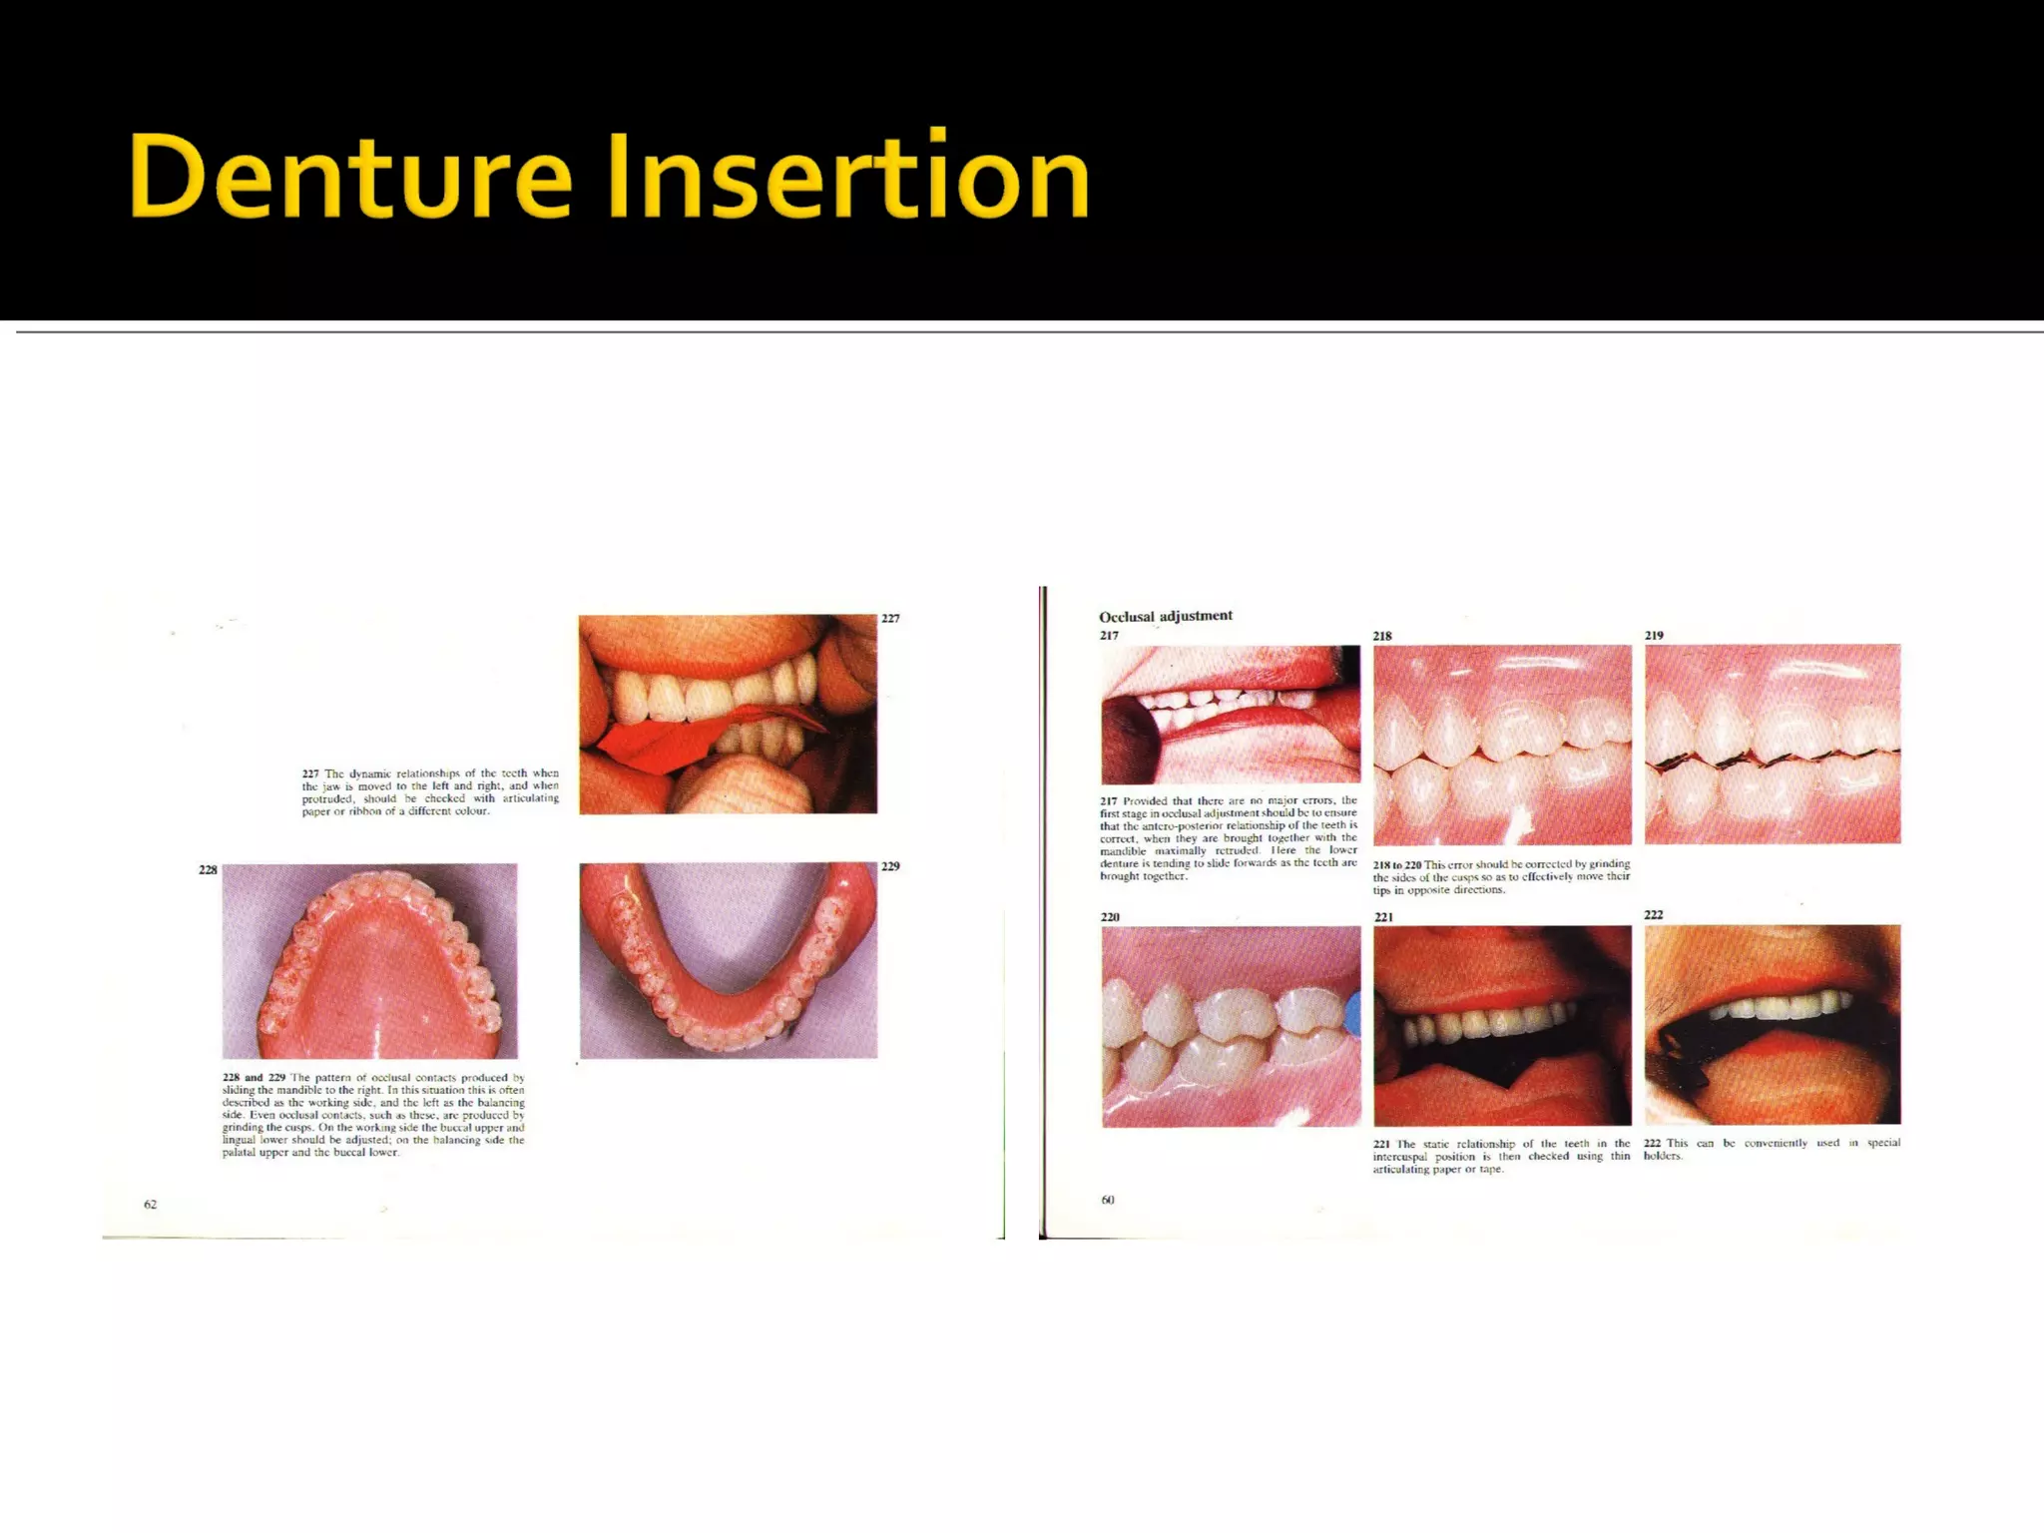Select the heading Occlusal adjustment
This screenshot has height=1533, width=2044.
1165,616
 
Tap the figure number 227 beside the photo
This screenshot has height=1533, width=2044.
890,619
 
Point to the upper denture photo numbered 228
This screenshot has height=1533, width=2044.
369,960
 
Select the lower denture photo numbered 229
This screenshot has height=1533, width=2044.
728,960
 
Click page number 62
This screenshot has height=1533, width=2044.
150,1204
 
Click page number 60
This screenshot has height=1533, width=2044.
1107,1200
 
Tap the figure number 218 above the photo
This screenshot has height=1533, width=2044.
1381,636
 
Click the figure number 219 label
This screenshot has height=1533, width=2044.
1654,635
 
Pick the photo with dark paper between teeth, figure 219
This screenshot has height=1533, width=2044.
1773,744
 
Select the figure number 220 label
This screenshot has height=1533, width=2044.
1110,916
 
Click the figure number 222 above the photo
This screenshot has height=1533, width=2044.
1654,914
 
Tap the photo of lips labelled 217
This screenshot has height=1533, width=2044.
1230,714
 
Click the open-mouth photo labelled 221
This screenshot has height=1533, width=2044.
1502,1025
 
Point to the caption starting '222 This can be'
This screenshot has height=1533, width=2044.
1772,1149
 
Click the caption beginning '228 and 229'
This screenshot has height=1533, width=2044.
372,1115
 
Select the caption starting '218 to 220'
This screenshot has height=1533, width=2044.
1501,876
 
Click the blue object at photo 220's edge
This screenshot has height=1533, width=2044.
1353,1014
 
